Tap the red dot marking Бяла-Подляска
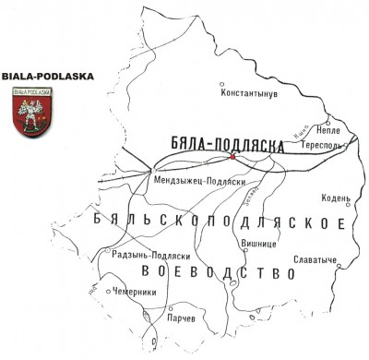pos(232,157)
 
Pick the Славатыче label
pos(314,259)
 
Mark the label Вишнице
pos(257,245)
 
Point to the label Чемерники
pos(136,292)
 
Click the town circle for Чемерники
pos(109,292)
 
